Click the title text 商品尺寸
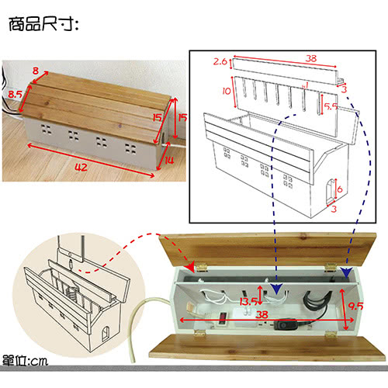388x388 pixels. pyautogui.click(x=43, y=25)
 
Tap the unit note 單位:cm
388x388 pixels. pyautogui.click(x=25, y=361)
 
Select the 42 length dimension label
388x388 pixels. pyautogui.click(x=81, y=168)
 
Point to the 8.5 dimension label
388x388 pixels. pyautogui.click(x=15, y=94)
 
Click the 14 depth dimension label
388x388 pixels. pyautogui.click(x=169, y=161)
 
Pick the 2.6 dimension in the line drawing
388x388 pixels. pyautogui.click(x=220, y=61)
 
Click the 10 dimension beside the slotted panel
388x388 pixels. pyautogui.click(x=227, y=91)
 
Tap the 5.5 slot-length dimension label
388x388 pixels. pyautogui.click(x=331, y=106)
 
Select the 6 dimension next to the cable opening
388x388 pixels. pyautogui.click(x=340, y=189)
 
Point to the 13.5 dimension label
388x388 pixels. pyautogui.click(x=248, y=302)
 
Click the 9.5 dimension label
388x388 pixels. pyautogui.click(x=355, y=307)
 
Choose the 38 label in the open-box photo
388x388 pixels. pyautogui.click(x=262, y=314)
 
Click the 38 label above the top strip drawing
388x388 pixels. pyautogui.click(x=310, y=58)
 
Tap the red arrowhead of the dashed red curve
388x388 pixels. pyautogui.click(x=191, y=267)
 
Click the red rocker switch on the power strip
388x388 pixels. pyautogui.click(x=222, y=318)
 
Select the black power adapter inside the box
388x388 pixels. pyautogui.click(x=286, y=324)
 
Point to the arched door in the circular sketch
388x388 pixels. pyautogui.click(x=106, y=334)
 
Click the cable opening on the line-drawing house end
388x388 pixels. pyautogui.click(x=331, y=191)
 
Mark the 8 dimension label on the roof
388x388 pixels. pyautogui.click(x=36, y=71)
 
